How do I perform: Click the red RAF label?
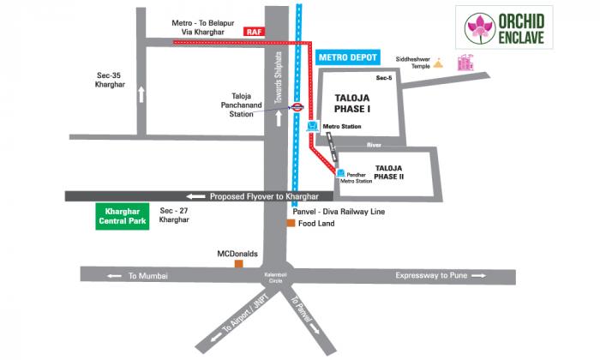coord(253,31)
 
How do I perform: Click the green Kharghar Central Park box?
coord(121,215)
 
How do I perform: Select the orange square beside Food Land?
coord(291,224)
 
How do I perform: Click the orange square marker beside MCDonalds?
coord(239,265)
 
